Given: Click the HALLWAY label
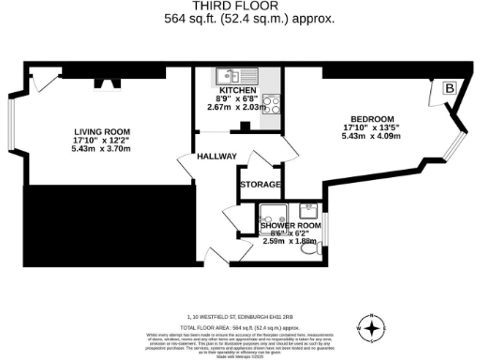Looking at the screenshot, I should [x=217, y=157].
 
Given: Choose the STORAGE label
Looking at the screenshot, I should [x=260, y=185].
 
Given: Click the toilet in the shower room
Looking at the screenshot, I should [x=320, y=248].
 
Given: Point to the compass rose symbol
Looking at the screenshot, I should [x=373, y=328].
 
